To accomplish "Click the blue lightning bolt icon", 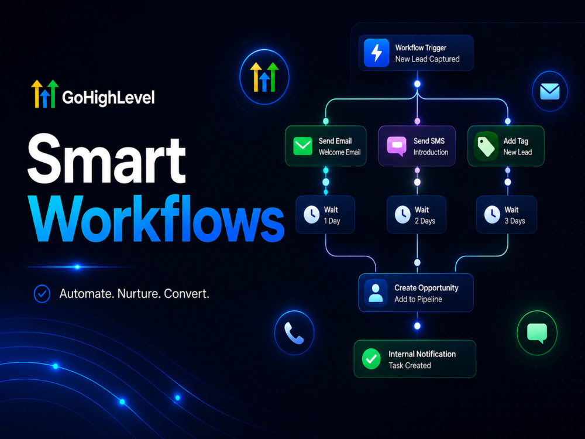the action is coord(376,53).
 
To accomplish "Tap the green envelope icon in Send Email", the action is coord(302,146).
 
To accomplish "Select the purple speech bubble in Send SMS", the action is coord(397,146).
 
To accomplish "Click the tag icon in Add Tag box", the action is coord(486,146).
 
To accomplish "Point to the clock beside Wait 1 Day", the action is coord(312,215).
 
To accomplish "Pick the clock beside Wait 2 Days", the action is coord(402,215).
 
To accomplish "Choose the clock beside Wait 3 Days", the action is coord(492,215).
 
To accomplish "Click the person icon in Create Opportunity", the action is coord(376,293).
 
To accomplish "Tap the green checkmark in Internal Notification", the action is coord(371,359).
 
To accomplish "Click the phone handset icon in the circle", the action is coord(294,332).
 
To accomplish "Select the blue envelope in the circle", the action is coord(550,91).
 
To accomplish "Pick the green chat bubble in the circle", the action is coord(537,333).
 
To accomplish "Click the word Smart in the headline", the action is coord(107,159).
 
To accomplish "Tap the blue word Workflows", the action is coord(156,219).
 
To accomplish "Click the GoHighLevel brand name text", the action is coord(108,98).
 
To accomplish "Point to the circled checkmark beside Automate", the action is coord(42,293).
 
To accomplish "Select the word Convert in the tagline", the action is coord(187,293).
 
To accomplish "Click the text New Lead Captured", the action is coord(427,59).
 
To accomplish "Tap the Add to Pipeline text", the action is coord(418,299).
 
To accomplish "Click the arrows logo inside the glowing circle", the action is coord(264,77).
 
